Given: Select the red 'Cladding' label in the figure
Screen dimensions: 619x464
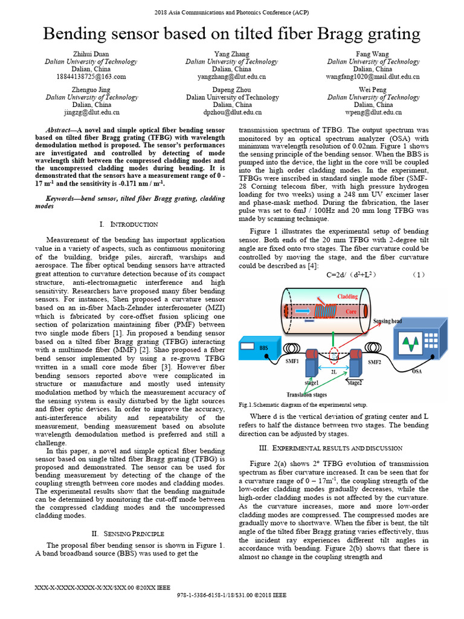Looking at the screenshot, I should click(347, 296).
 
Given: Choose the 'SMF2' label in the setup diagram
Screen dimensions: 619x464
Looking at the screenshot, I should click(375, 362).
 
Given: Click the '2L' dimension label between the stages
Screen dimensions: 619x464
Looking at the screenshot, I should click(333, 372).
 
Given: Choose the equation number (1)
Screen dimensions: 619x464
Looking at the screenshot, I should click(419, 274).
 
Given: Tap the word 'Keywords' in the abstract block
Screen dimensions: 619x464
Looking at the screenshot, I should click(61, 198).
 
